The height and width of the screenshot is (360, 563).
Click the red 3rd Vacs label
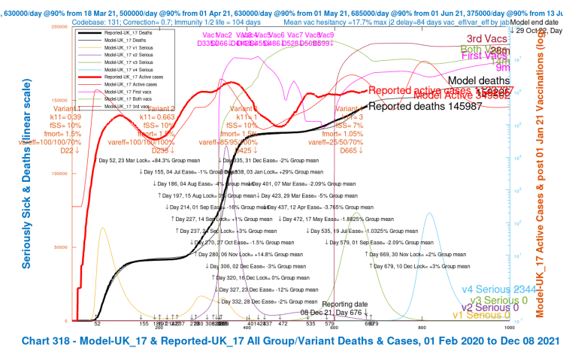[x=486, y=39]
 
